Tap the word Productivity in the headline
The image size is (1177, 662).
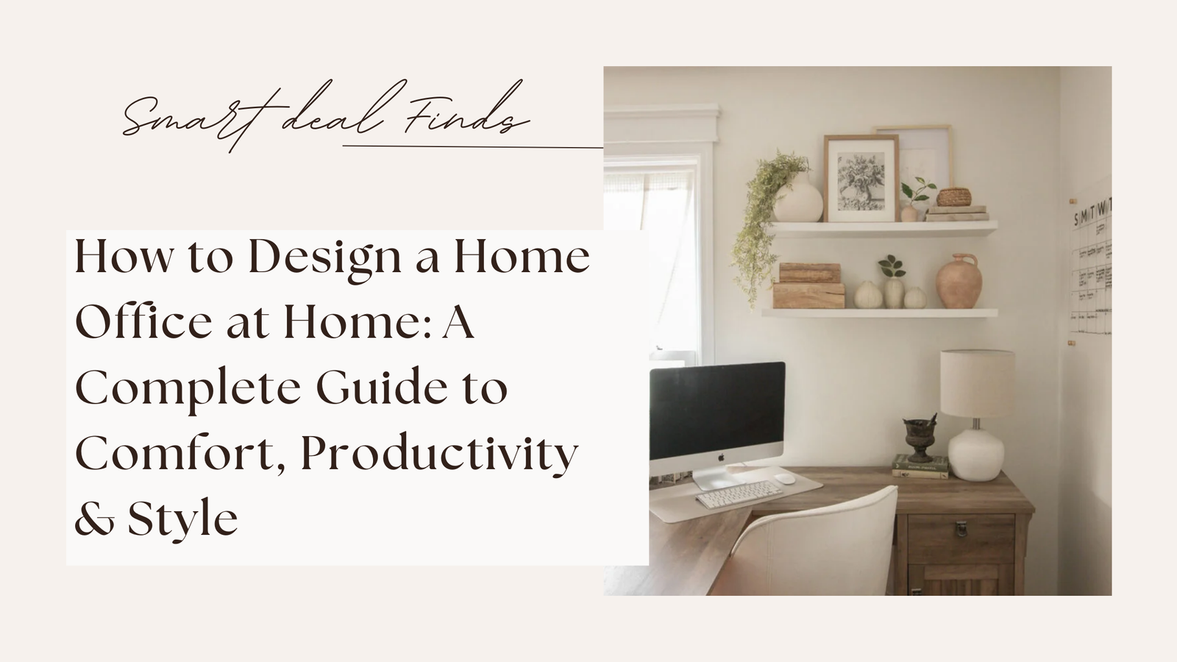coord(439,454)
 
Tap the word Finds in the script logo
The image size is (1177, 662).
coord(467,118)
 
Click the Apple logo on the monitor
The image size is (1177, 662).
coord(721,458)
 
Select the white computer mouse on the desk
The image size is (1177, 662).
coord(786,478)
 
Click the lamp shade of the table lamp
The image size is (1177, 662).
coord(977,382)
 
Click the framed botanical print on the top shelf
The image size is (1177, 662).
coord(861,179)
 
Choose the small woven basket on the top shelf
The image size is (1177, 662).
coord(953,197)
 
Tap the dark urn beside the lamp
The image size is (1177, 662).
coord(920,437)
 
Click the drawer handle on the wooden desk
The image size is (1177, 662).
coord(960,528)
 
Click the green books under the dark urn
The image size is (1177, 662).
coord(920,466)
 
